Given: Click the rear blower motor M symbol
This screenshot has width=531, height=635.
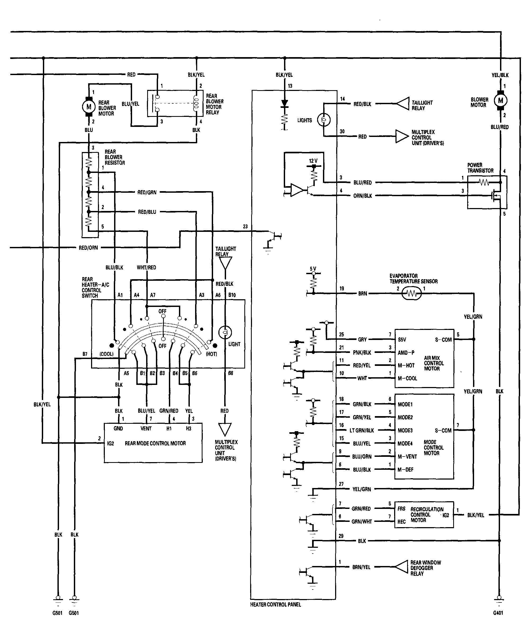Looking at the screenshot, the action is point(89,107).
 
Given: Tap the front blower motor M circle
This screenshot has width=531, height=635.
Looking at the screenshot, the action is point(500,100).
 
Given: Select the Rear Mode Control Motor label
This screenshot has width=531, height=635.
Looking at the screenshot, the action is point(155,443).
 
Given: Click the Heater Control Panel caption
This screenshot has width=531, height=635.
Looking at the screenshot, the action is point(276,604).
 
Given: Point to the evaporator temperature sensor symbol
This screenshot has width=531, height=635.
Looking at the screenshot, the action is point(411,293).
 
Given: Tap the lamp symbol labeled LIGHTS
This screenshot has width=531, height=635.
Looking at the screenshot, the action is point(324,120).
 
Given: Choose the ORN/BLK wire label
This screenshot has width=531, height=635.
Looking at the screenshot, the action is point(363,196).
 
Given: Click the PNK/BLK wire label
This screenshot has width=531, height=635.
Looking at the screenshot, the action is point(362,352).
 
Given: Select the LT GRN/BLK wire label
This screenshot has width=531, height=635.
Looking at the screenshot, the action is point(362,430).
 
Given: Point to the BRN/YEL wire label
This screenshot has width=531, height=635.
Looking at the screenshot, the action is point(361,567).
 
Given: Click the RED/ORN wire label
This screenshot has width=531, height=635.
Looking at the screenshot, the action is point(88,248).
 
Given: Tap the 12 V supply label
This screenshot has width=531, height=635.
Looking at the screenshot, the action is point(313,161).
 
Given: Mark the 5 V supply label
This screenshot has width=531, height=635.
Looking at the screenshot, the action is point(313,269).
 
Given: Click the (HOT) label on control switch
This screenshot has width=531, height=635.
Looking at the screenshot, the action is point(211,354).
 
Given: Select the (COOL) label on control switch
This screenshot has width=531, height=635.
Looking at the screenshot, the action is point(107,354).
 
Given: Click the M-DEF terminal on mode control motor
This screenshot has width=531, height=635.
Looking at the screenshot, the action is point(406,470).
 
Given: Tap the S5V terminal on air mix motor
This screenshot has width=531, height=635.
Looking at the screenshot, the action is point(402,339).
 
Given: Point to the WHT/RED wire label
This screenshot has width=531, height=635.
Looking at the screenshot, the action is point(147,267).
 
